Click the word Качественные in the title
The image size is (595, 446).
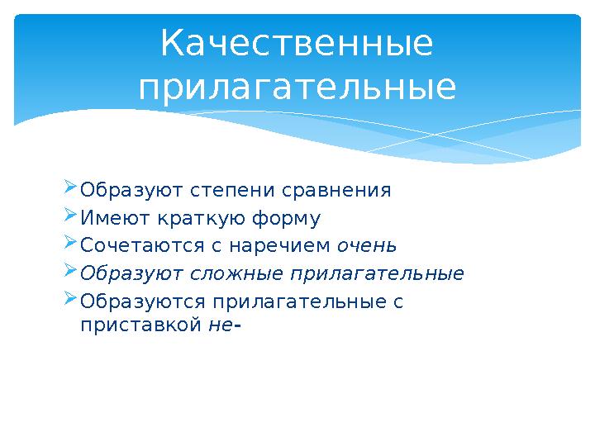297,44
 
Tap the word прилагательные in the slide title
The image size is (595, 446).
297,88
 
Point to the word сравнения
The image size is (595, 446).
336,191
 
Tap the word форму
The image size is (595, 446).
287,219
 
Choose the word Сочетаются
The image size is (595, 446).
142,245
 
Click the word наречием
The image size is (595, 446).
280,246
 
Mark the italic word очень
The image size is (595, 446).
367,246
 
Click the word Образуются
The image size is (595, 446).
143,301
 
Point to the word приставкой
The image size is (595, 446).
140,325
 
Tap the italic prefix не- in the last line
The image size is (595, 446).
225,325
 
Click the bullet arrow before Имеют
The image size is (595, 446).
70,215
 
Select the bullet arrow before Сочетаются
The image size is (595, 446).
70,243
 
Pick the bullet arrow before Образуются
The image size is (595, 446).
70,299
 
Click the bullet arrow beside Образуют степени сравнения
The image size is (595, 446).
70,187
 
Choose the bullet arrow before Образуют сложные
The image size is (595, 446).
70,271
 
